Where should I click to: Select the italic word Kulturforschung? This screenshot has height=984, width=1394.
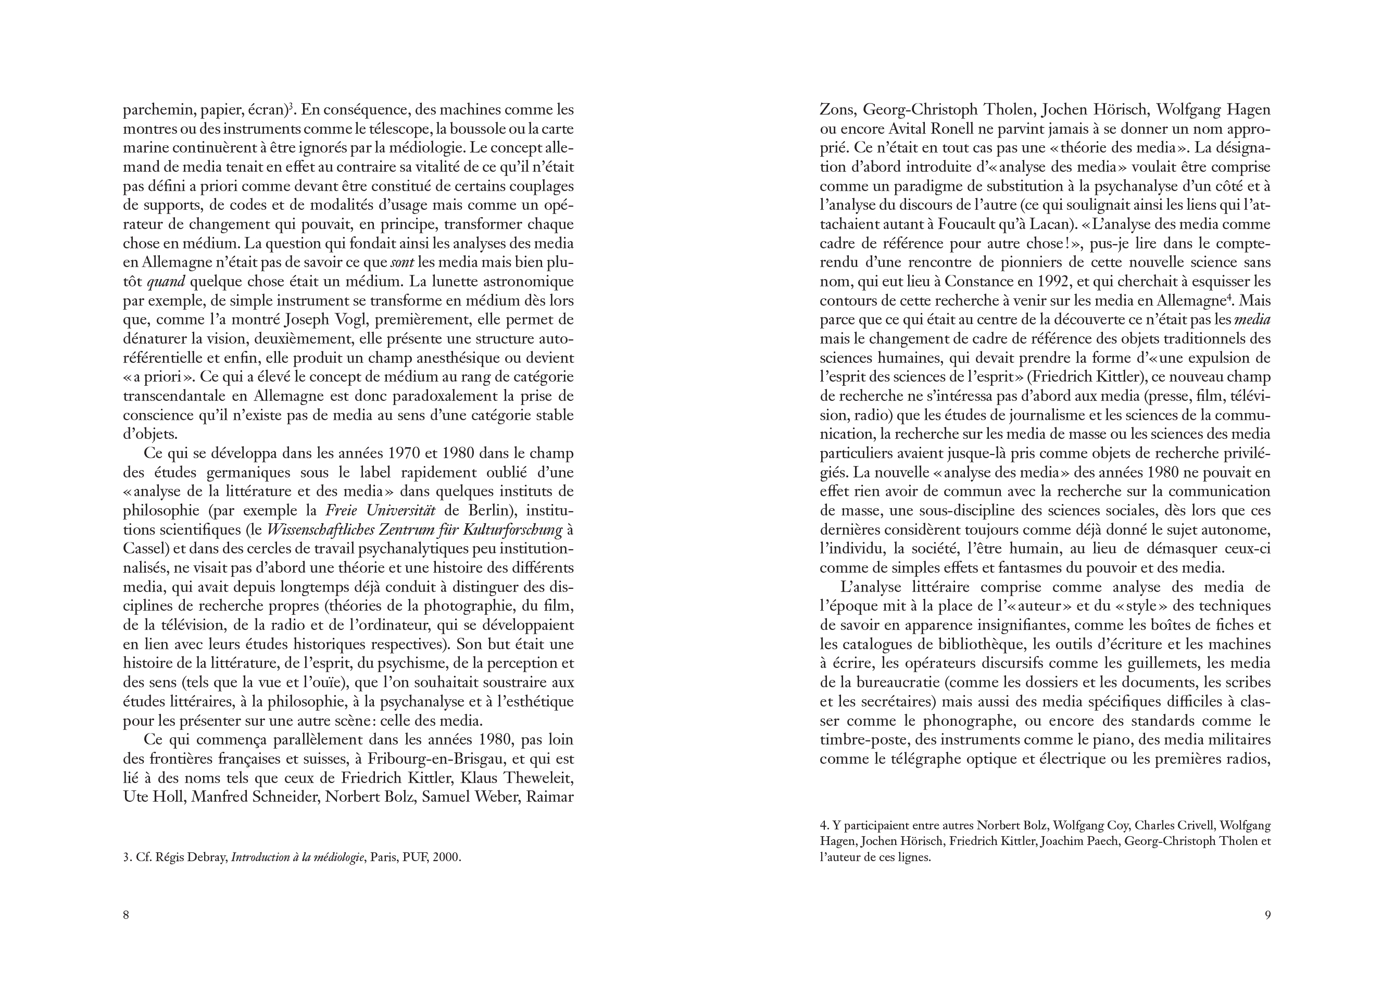point(512,530)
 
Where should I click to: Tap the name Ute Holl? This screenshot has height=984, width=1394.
point(153,797)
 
